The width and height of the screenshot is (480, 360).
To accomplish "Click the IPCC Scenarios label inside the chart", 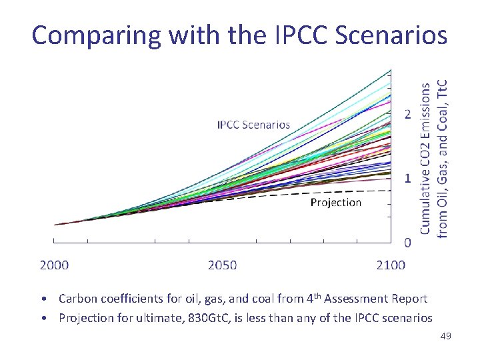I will point(253,125).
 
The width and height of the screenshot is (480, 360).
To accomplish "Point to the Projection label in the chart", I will point(336,202).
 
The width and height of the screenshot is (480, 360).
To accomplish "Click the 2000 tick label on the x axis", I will point(54,265).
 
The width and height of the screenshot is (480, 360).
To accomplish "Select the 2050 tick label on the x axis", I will point(222,265).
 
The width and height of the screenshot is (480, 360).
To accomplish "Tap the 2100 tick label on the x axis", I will point(391,265).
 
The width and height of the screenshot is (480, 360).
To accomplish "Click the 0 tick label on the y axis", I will point(407,243).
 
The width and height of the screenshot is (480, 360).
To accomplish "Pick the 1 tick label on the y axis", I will point(407,179).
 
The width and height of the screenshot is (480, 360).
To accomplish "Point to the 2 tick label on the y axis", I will point(407,115).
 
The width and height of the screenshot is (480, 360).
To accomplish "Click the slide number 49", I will point(446,337).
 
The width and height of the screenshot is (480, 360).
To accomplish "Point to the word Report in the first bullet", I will point(409,299).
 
